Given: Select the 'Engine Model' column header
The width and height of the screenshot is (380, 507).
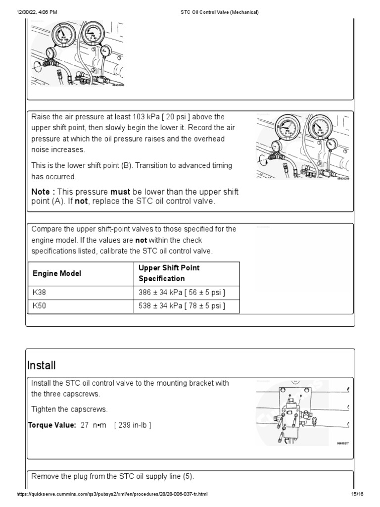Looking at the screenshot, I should [57, 273].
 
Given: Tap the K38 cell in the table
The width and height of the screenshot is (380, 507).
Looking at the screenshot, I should [39, 293].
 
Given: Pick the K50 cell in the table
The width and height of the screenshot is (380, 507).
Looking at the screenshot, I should [39, 306].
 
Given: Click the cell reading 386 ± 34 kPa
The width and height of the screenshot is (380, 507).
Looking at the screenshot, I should [182, 293].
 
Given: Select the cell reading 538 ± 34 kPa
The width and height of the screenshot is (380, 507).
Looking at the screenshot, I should [182, 306].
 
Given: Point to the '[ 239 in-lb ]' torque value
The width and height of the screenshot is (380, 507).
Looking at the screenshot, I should [133, 425].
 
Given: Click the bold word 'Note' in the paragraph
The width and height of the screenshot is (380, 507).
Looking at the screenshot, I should [41, 192].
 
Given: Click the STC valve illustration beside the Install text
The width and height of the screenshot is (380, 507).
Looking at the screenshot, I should [302, 412].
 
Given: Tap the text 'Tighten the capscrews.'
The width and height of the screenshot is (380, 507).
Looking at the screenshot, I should [68, 409].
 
